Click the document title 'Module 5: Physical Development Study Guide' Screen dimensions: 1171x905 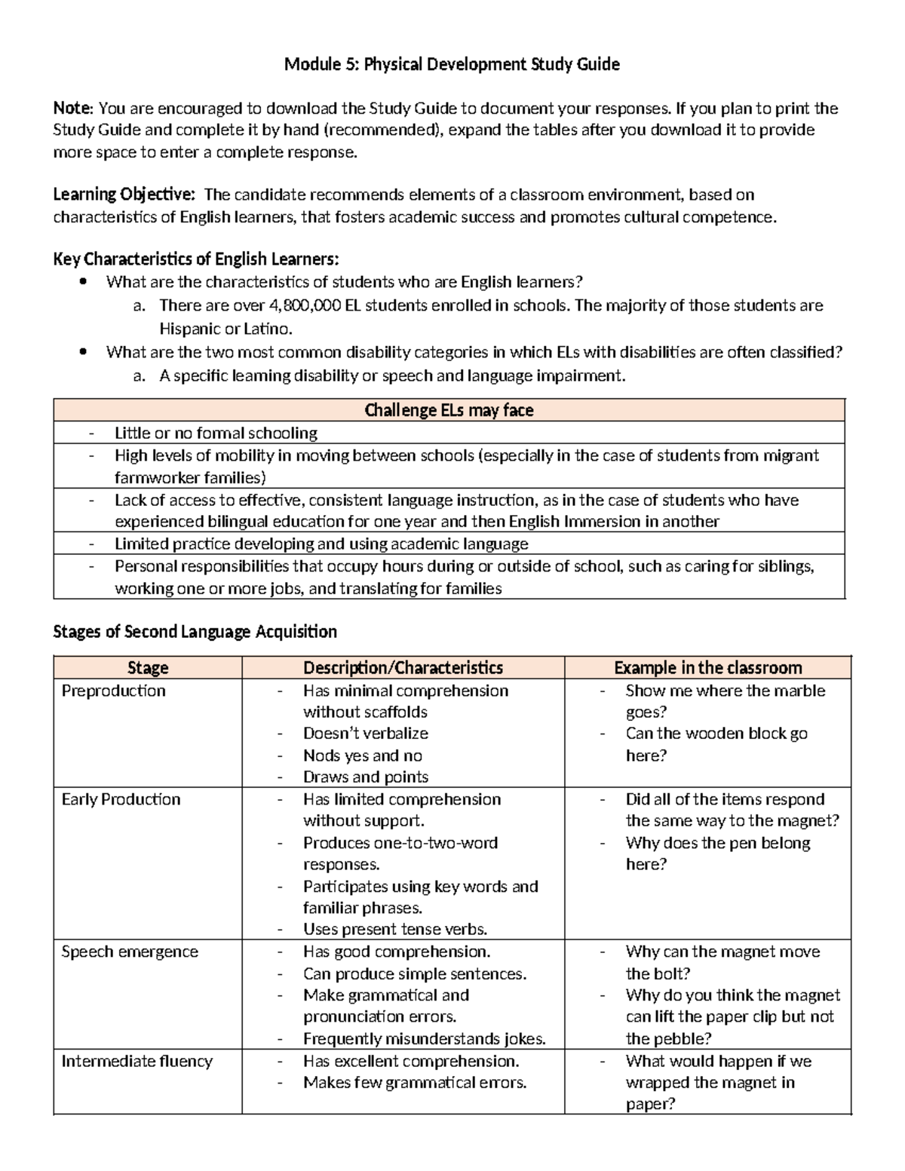tap(452, 65)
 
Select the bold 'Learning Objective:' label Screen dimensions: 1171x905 tap(124, 195)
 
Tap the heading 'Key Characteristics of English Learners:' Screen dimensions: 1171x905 tap(196, 260)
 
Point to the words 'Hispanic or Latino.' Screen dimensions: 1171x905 tap(225, 329)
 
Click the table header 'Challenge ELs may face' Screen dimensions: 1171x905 tap(449, 410)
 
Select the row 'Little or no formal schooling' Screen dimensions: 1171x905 tap(216, 433)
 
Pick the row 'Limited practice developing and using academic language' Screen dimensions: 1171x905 tap(321, 544)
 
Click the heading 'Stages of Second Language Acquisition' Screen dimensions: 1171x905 tap(195, 631)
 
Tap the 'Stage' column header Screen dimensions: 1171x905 tap(148, 668)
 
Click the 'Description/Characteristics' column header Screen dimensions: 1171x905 tap(403, 668)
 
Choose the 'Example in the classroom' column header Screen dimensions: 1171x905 tap(707, 668)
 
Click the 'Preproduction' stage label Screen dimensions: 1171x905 tap(113, 691)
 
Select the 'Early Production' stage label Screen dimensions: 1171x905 tap(121, 799)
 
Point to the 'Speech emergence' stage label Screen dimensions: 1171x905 tap(130, 952)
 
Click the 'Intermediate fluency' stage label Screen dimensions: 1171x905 tap(137, 1061)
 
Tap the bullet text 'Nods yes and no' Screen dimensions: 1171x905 tap(362, 756)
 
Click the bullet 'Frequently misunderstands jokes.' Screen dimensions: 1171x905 tap(424, 1039)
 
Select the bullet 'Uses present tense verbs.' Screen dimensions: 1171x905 tap(395, 930)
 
